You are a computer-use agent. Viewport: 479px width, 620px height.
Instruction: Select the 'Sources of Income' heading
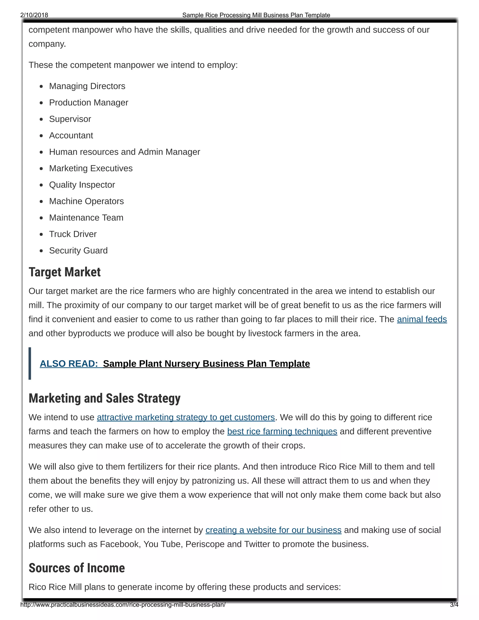click(x=77, y=568)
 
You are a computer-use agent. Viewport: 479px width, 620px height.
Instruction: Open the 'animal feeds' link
click(x=422, y=319)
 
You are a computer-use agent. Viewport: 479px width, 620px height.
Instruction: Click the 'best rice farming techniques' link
click(x=282, y=431)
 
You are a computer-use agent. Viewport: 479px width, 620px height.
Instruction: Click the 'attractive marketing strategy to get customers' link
click(x=186, y=417)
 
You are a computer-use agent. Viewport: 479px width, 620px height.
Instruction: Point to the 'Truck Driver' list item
click(x=73, y=234)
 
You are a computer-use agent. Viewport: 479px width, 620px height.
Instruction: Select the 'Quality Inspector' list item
click(x=82, y=185)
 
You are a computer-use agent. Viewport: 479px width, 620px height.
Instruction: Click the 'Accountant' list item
click(x=71, y=136)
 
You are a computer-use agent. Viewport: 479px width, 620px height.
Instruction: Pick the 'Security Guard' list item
click(x=78, y=251)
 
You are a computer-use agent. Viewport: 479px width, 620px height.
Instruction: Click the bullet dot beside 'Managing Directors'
click(x=41, y=86)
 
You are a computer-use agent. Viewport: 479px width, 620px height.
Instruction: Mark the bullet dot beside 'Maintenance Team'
click(x=41, y=218)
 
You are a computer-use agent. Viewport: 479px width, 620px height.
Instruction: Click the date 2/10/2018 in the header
click(x=34, y=15)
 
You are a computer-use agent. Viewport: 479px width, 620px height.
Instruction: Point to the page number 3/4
click(x=454, y=605)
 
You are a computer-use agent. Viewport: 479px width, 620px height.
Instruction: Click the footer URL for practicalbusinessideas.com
click(x=123, y=605)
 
